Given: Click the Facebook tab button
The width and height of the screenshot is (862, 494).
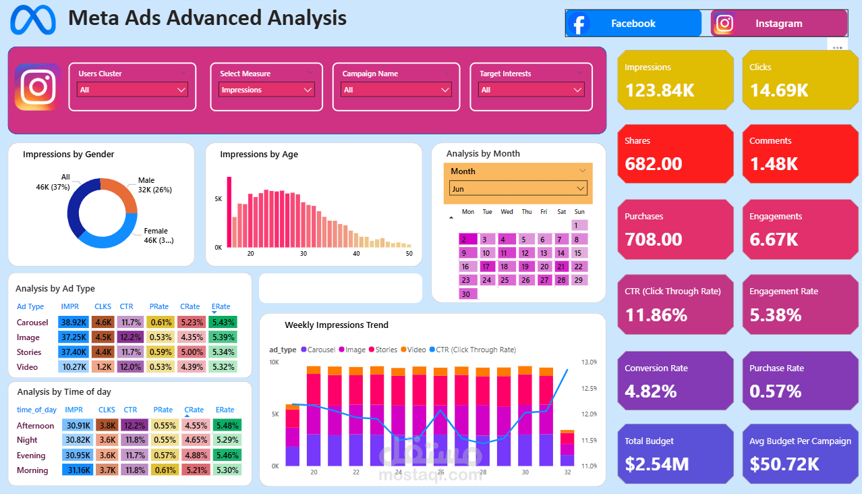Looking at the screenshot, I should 633,24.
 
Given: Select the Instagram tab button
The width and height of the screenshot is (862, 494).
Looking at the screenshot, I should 778,24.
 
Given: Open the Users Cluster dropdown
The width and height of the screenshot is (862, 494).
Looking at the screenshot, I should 132,90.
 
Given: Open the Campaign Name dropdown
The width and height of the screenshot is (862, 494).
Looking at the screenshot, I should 396,90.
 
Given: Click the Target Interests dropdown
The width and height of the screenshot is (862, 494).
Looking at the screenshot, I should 531,90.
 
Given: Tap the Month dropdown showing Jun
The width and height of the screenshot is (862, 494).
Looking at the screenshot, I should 518,189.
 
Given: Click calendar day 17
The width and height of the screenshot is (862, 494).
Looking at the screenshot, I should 486,267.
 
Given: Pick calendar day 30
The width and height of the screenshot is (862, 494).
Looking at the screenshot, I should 467,294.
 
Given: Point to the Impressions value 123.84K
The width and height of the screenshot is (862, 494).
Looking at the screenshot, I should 660,90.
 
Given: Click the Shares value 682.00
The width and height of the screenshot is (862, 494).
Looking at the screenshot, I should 654,164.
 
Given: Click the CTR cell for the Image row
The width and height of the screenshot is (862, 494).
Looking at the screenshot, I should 130,337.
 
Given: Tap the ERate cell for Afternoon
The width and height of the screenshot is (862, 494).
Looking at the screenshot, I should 225,426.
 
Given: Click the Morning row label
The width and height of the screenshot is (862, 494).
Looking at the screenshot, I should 32,470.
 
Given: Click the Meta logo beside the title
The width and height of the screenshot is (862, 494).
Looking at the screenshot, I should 33,20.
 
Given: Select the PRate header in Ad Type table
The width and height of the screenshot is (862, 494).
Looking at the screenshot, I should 160,306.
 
